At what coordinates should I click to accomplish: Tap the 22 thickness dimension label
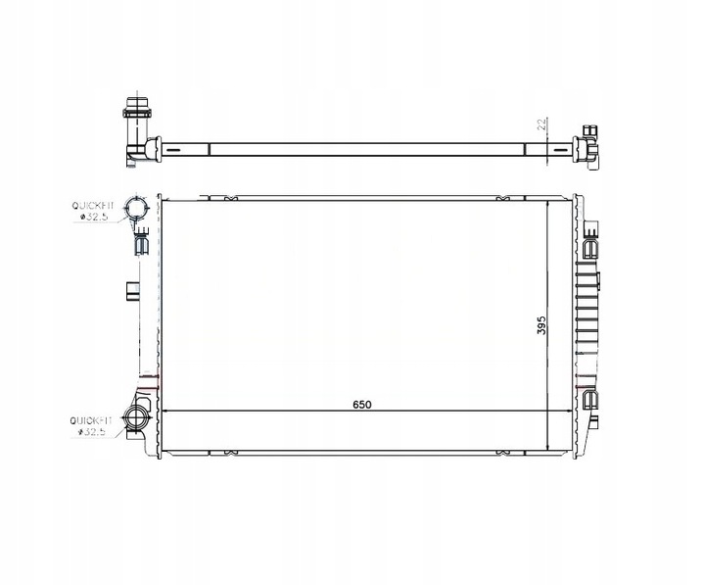(540, 125)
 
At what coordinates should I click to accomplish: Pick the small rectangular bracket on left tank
(132, 290)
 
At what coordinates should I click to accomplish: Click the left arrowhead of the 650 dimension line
(165, 412)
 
